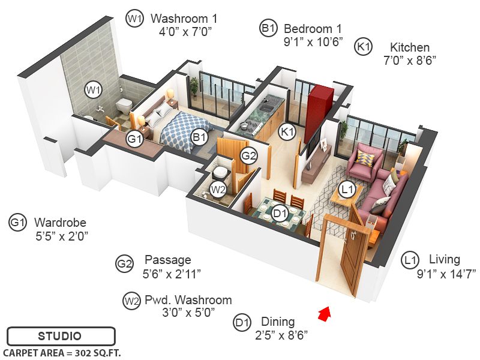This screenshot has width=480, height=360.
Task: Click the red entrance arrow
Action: point(325,313)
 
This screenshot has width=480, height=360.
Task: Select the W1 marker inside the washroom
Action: point(92,91)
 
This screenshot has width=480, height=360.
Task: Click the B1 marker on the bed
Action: point(199,138)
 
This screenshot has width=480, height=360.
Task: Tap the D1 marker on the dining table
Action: point(279,212)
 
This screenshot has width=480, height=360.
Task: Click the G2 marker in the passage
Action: point(248,156)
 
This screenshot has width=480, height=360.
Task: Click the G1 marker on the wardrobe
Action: point(134,139)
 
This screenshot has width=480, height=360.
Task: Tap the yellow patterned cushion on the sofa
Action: point(364,157)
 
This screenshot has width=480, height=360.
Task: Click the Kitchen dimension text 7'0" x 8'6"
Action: point(409,60)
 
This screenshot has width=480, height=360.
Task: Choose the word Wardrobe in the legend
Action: point(60,223)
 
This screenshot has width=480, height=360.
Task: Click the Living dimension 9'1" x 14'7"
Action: point(430,273)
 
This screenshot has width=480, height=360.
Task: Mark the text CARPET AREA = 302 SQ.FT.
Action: point(62,353)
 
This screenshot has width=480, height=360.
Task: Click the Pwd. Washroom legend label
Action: point(188,300)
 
